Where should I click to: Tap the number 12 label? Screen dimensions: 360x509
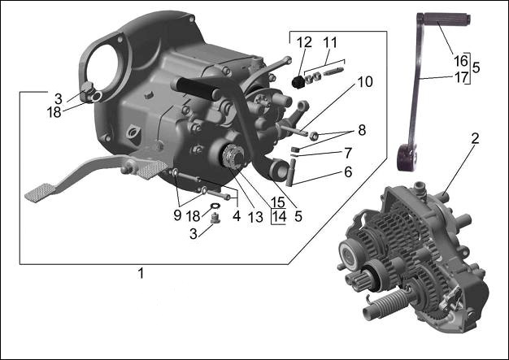pos(304,42)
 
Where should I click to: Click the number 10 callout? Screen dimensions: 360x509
pos(365,82)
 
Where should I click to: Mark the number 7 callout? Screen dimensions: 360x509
pos(347,152)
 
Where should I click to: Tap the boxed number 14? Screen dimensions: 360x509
pos(279,217)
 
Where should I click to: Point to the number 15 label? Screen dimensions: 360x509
pos(279,202)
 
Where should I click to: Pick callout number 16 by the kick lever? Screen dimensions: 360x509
pos(460,60)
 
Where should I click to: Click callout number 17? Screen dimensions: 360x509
pos(460,78)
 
